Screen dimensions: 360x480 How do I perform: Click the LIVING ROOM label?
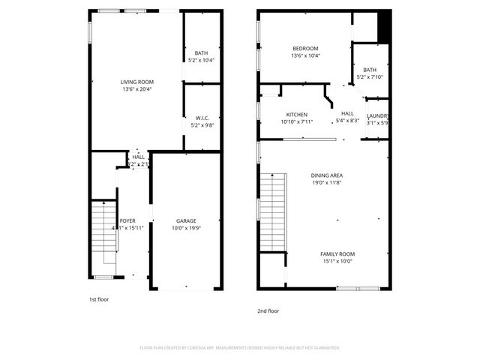[x=137, y=82]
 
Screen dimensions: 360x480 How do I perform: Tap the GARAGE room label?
[x=186, y=221]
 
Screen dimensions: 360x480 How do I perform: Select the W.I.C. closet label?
[x=202, y=118]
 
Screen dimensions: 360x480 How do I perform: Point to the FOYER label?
[x=127, y=221]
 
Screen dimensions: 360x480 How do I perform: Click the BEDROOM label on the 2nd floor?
[x=305, y=49]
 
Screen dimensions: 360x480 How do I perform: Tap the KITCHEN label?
[x=297, y=115]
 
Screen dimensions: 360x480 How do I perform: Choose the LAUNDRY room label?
[x=377, y=115]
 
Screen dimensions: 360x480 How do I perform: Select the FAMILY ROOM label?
[x=337, y=254]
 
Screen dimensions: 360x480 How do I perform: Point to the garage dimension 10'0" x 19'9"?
[x=186, y=228]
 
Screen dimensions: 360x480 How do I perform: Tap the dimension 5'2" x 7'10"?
[x=370, y=76]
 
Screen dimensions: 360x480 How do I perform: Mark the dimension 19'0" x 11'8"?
[x=326, y=182]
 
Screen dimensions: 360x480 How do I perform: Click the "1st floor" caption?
[x=99, y=299]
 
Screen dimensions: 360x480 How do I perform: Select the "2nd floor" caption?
[x=268, y=310]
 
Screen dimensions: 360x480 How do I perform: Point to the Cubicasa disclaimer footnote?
[x=240, y=348]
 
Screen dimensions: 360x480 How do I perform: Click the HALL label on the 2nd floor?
[x=347, y=112]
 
